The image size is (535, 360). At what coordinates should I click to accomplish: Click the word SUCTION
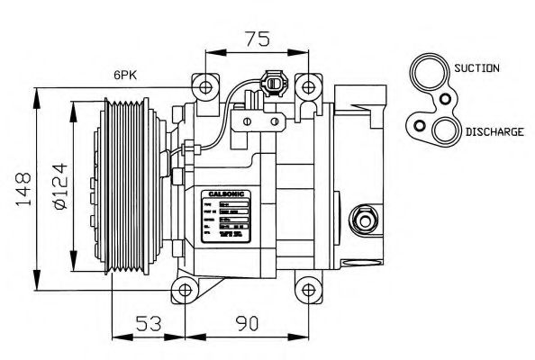pos(477,68)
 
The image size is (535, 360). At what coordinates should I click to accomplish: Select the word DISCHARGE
pos(494,131)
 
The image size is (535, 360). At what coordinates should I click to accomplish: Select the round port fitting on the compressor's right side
pos(366,219)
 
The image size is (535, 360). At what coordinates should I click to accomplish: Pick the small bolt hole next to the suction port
pos(445,97)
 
